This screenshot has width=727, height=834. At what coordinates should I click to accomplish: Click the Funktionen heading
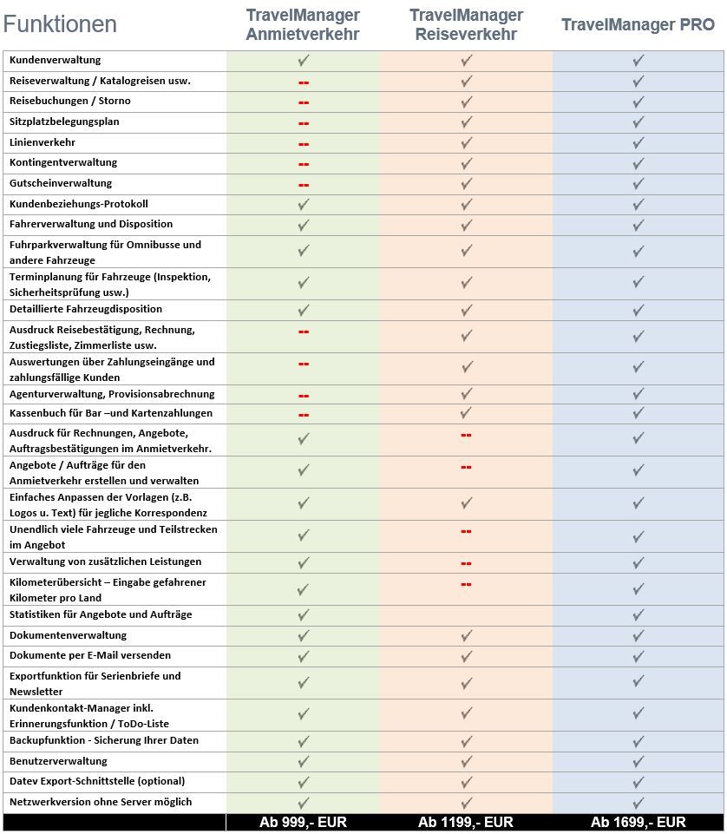60,24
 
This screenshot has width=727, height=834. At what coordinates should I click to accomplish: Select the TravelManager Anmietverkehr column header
303,25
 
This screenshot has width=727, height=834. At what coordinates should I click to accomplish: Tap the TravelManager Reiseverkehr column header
466,25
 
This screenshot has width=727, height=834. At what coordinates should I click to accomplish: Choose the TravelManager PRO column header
638,24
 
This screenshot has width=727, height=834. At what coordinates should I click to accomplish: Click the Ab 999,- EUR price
303,823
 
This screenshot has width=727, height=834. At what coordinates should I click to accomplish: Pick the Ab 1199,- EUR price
466,823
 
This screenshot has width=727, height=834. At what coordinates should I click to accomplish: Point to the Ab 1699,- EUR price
638,823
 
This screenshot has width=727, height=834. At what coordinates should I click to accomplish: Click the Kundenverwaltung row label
55,60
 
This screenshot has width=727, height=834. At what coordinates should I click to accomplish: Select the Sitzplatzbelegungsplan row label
64,121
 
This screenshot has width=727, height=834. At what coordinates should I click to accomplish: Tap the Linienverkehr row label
42,142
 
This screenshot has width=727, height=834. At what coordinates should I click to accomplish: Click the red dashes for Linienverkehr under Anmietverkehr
304,143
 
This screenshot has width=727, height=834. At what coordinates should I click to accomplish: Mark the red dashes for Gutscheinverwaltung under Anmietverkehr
304,184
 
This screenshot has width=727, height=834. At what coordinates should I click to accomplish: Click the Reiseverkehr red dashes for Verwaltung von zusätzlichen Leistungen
466,562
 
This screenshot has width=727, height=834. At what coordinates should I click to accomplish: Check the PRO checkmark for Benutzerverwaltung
639,762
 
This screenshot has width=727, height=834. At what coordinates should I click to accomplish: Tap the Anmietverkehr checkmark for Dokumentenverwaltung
304,636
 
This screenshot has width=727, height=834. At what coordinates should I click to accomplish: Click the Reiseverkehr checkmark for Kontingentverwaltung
466,163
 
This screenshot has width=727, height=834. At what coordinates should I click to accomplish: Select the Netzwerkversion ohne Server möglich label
101,802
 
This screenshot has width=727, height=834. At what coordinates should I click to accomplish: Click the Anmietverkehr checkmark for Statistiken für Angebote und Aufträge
304,615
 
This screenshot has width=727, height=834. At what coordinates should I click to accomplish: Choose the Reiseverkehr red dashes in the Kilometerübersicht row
466,584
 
